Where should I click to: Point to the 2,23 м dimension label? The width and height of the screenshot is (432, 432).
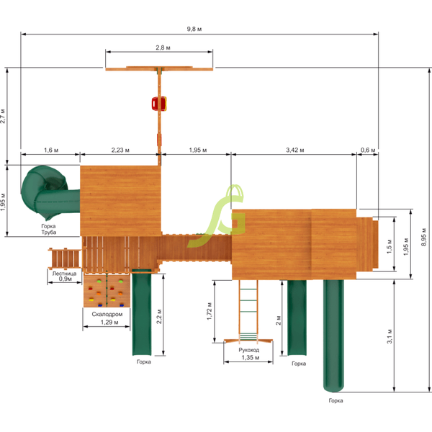point(120,150)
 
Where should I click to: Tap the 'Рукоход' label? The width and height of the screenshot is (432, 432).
point(249,350)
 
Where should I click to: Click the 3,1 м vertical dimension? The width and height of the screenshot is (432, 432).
point(390,336)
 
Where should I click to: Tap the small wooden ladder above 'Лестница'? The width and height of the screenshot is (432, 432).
point(64,256)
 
